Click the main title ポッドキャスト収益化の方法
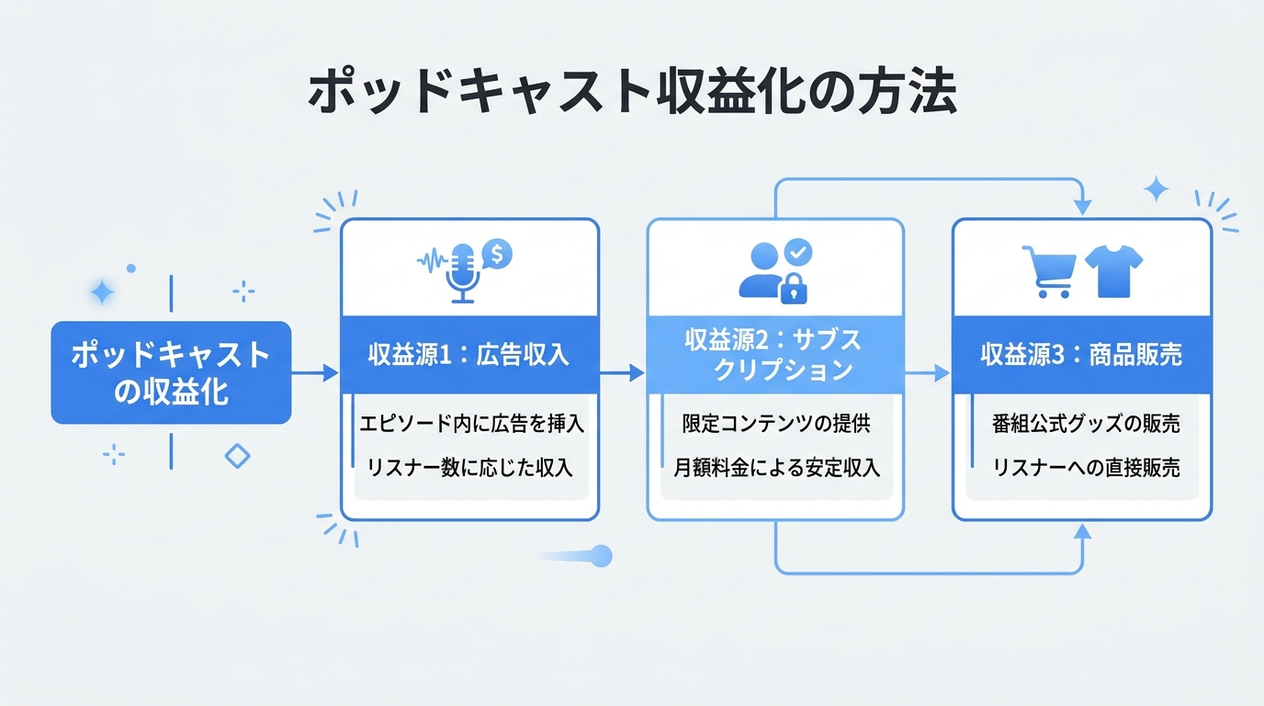pos(631,94)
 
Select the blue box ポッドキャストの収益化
pos(171,372)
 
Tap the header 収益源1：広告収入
pos(469,356)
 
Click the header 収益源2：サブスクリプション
pos(775,355)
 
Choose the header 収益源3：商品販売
pos(1081,356)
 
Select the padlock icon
pos(794,290)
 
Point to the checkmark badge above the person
pos(799,251)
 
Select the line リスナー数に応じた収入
pos(469,468)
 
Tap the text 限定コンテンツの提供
pos(775,424)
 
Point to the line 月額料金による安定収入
pos(775,468)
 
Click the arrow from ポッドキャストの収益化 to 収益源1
pos(315,372)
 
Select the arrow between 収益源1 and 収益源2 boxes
pos(622,372)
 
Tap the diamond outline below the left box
pos(238,455)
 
